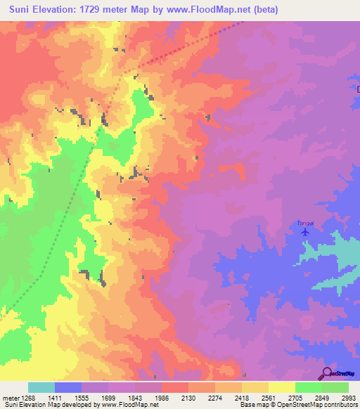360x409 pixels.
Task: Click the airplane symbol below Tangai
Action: [304, 231]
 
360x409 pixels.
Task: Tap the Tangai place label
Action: [304, 222]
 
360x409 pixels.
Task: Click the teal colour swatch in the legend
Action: [41, 387]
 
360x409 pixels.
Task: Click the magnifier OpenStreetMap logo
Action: [326, 374]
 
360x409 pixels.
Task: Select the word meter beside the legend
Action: [10, 398]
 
